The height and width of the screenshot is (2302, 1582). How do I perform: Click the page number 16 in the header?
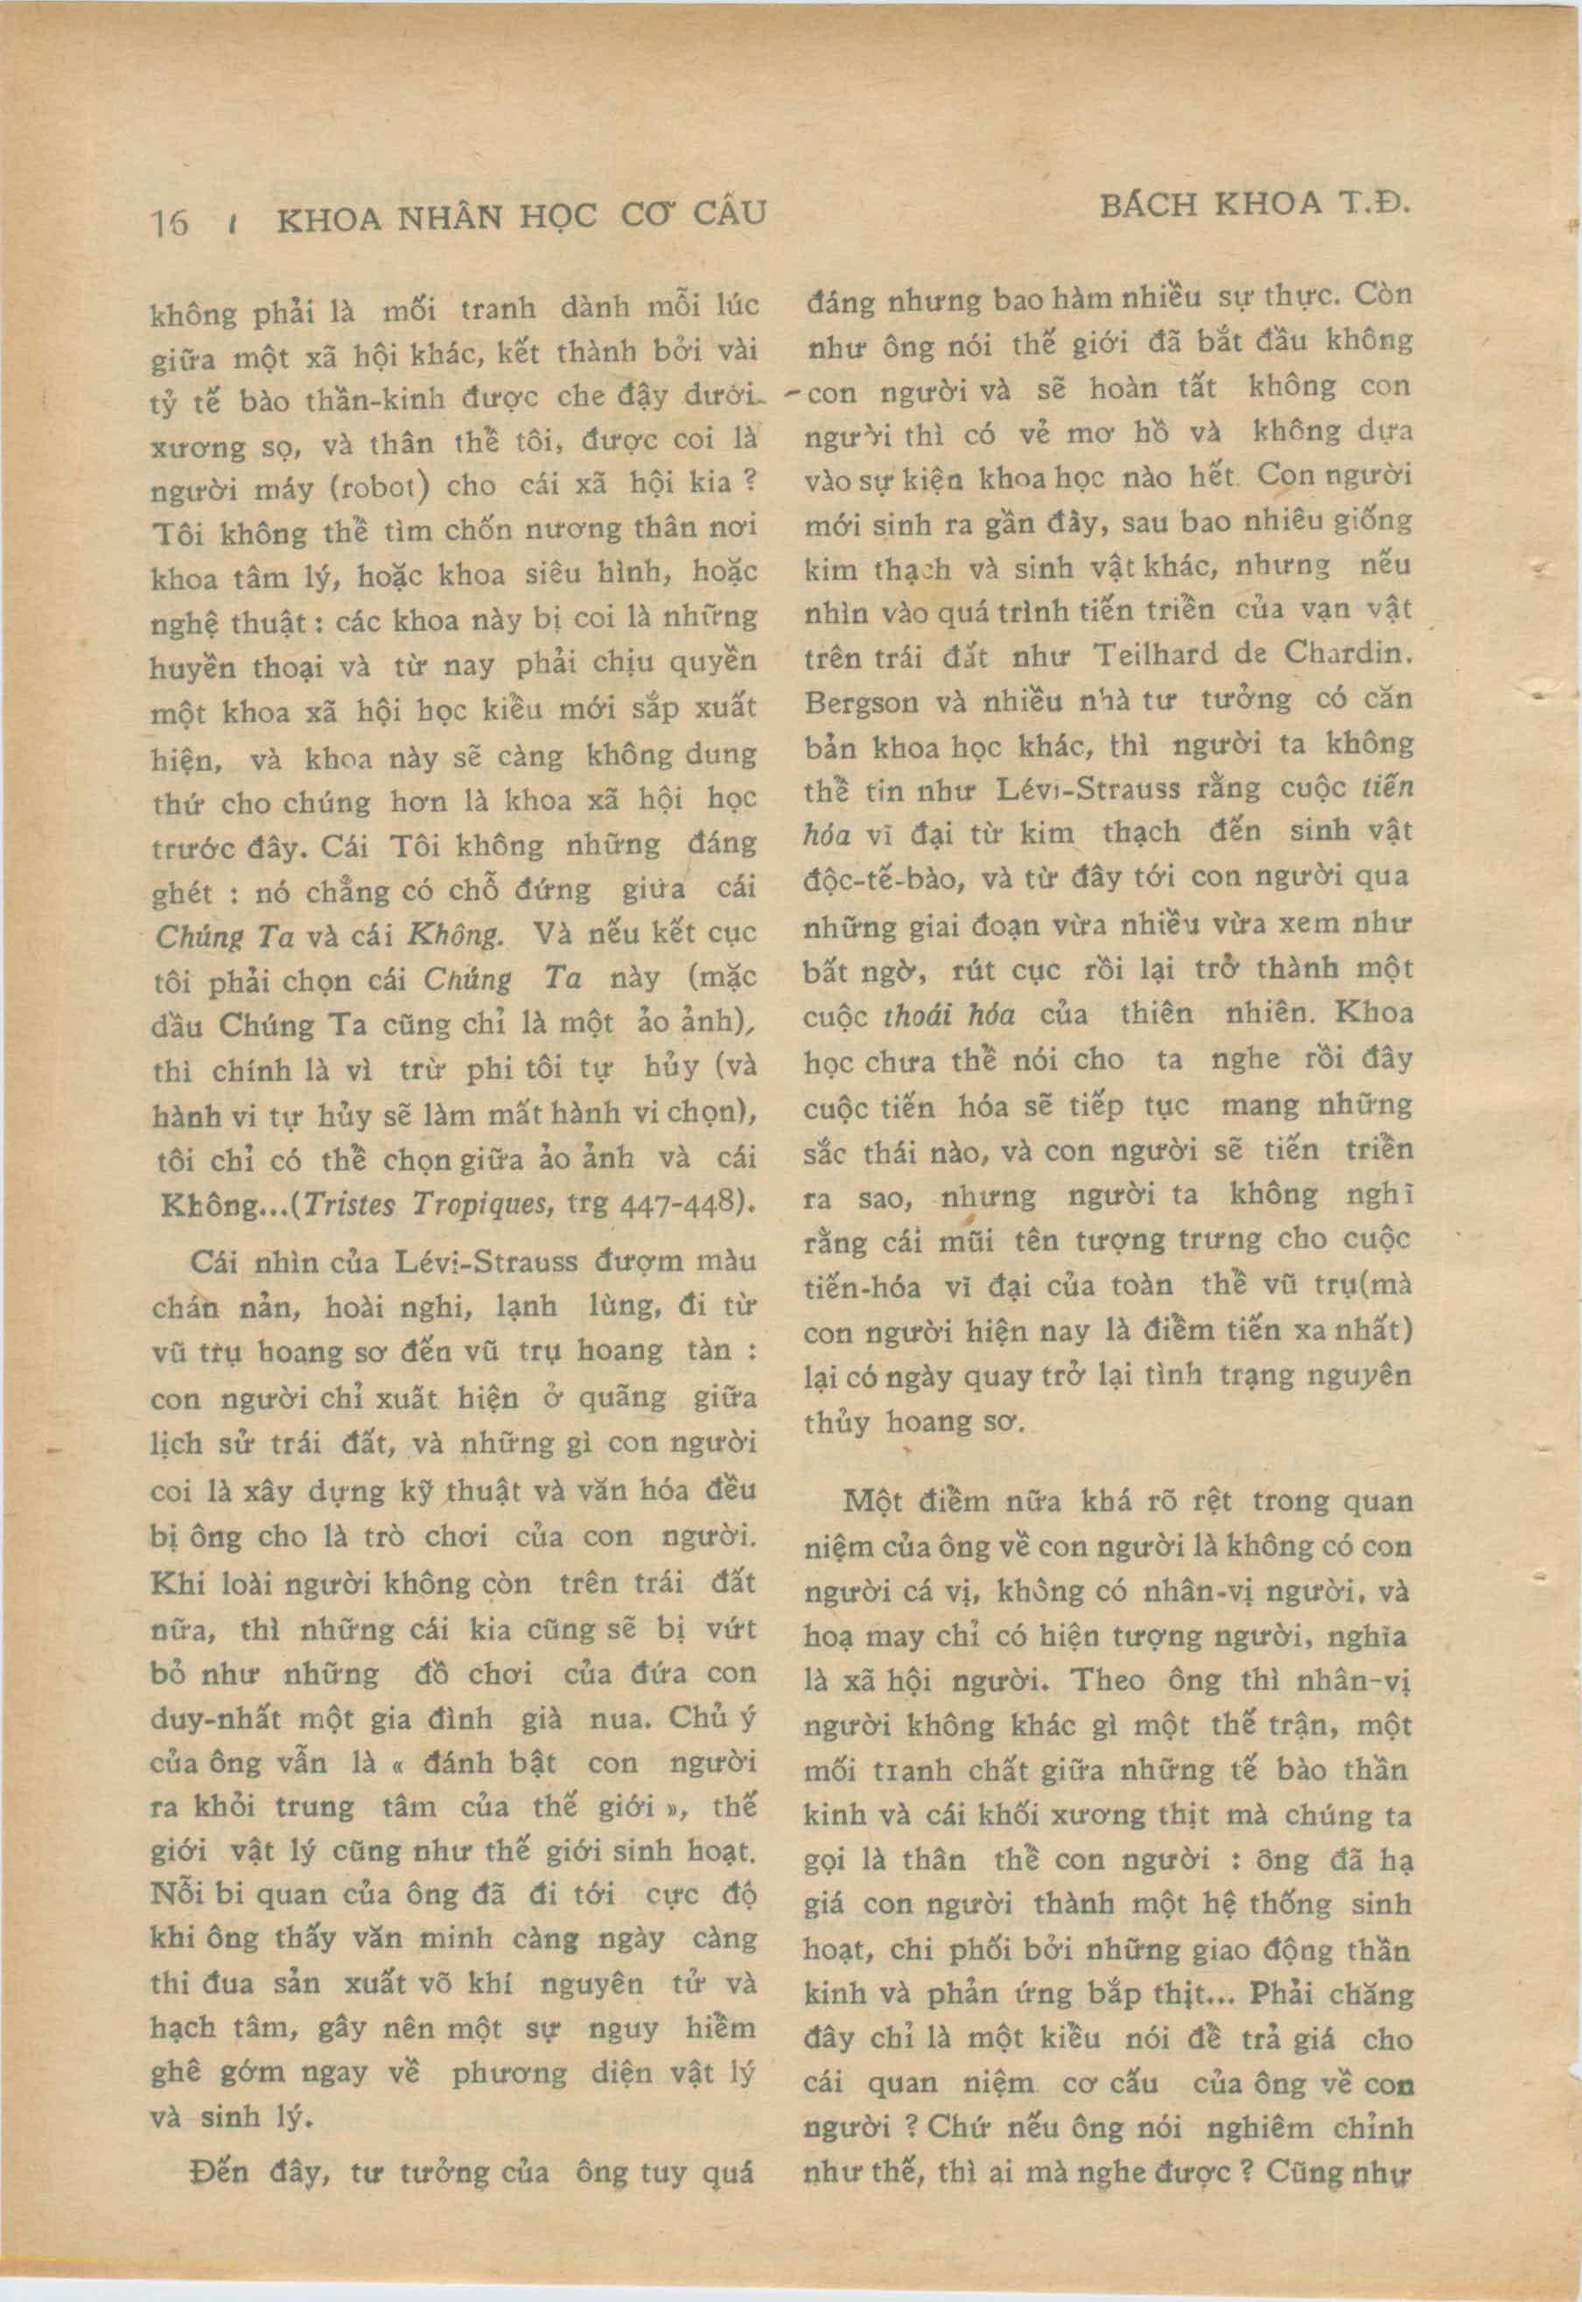click(x=170, y=222)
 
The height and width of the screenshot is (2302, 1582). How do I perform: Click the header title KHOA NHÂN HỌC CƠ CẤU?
click(x=521, y=215)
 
